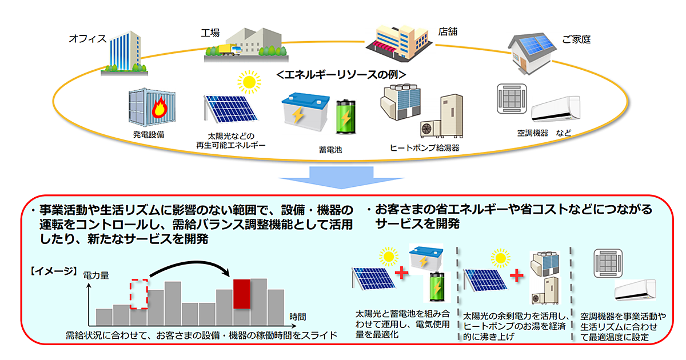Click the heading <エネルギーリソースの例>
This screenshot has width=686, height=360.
point(341,75)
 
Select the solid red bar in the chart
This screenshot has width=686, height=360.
point(241,294)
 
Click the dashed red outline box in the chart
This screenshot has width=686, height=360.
point(139,294)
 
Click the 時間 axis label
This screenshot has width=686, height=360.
point(297,316)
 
